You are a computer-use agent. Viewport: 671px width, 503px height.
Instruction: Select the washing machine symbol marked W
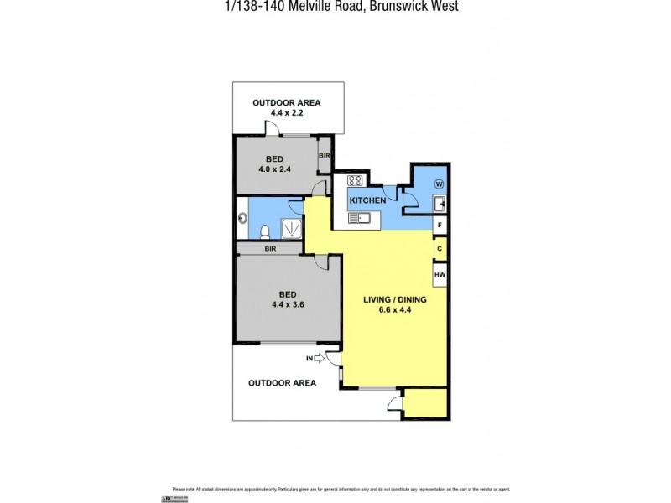[439, 184]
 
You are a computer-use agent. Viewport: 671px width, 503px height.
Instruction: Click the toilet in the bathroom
[265, 230]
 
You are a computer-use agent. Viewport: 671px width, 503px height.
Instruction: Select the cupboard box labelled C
[439, 249]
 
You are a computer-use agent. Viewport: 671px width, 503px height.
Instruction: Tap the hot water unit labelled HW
[439, 273]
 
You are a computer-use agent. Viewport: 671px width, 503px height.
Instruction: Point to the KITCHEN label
[367, 200]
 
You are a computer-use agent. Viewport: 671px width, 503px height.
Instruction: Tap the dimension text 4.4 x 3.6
[287, 305]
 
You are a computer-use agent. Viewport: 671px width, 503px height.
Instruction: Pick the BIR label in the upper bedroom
[325, 156]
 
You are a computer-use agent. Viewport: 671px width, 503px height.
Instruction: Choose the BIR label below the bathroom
[271, 249]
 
